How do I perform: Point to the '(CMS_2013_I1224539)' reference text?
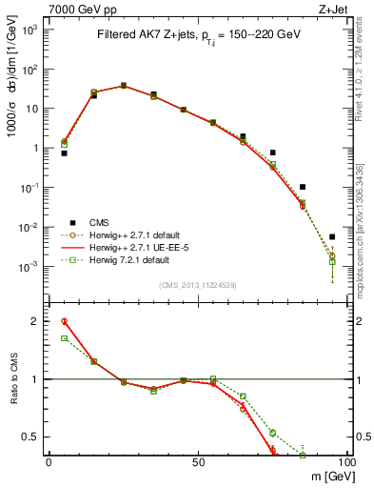[x=197, y=284]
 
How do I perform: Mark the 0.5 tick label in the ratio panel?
[x=33, y=437]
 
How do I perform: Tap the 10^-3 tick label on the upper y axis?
[x=31, y=267]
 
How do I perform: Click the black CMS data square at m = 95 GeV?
[x=332, y=236]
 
